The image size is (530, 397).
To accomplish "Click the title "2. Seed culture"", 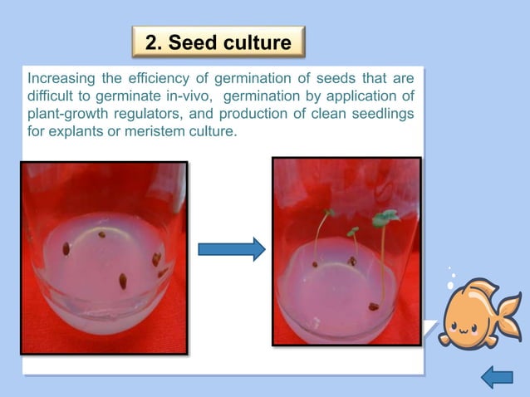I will point(218,42).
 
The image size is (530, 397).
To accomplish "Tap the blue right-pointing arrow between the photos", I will point(231,248).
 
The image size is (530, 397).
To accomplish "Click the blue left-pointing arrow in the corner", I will point(497,378).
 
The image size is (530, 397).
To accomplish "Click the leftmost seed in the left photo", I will point(66,248).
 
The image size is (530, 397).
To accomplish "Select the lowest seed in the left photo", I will point(123,280).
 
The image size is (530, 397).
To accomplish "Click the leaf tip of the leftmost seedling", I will point(329,213).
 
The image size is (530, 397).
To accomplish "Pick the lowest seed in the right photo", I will point(374,306).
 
